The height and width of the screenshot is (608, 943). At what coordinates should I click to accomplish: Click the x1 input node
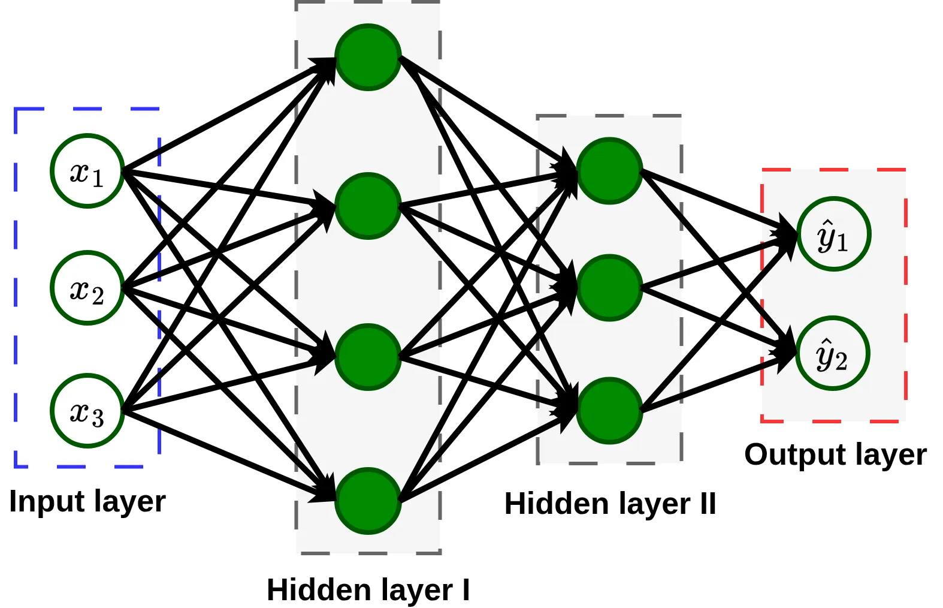click(87, 171)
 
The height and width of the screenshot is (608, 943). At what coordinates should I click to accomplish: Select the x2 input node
click(87, 288)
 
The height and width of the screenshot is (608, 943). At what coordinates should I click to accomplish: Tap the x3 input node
click(87, 411)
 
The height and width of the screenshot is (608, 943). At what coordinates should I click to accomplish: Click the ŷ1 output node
click(833, 234)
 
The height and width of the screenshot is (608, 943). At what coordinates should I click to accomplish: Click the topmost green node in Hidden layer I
click(368, 57)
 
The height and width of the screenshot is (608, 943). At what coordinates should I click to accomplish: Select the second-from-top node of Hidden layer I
click(368, 206)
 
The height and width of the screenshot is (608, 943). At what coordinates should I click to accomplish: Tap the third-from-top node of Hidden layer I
click(368, 357)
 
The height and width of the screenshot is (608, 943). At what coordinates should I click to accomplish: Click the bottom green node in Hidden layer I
click(368, 501)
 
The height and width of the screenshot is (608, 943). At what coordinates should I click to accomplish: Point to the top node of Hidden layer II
click(609, 171)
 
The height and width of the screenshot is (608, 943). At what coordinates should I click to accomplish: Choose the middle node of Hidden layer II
click(609, 288)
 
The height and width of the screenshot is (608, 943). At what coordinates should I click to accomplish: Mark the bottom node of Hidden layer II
click(609, 411)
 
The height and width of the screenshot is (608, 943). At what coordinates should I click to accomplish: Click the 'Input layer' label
click(87, 501)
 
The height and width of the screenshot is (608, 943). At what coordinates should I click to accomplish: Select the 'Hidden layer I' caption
click(368, 589)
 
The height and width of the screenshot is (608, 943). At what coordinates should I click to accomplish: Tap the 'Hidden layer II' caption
click(610, 504)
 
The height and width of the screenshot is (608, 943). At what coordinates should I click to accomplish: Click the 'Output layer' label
click(835, 455)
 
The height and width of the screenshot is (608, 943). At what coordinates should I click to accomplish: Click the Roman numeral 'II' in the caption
click(708, 503)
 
